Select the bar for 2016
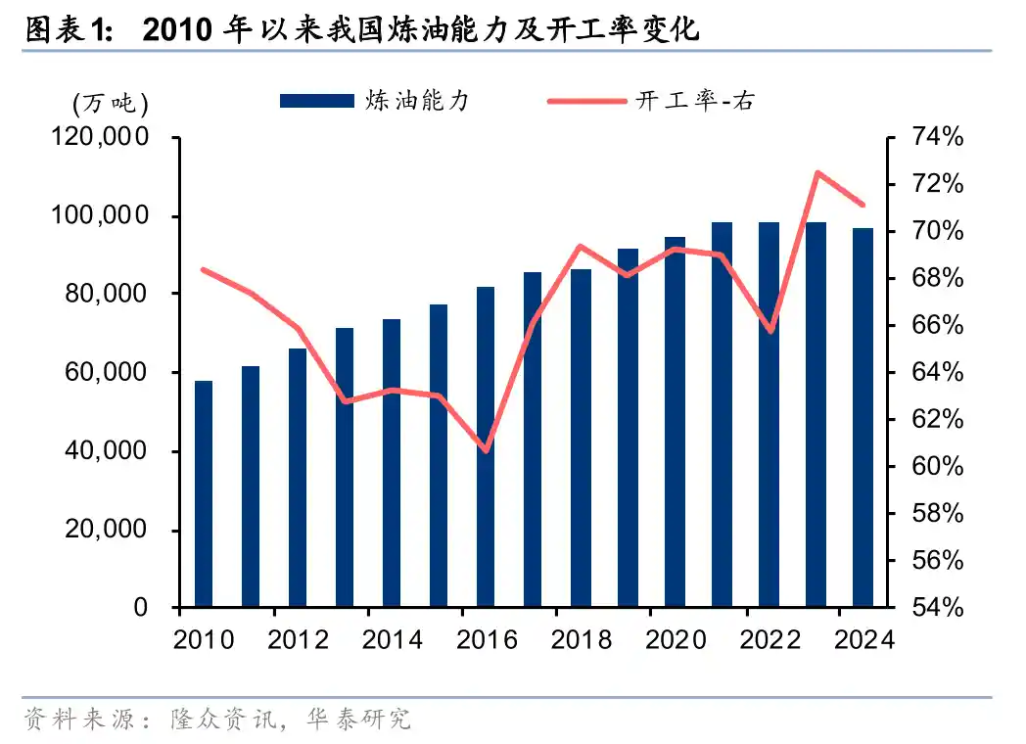tap(486, 446)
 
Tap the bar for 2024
tap(863, 417)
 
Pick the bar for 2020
tap(675, 422)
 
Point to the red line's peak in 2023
tap(816, 173)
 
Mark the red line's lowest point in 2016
tap(487, 450)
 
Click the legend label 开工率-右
tap(695, 101)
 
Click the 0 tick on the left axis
tap(139, 608)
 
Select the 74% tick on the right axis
tap(937, 137)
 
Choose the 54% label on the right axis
tap(937, 608)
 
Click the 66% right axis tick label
tap(937, 325)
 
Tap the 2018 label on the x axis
tap(582, 640)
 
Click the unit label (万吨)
tap(109, 102)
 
